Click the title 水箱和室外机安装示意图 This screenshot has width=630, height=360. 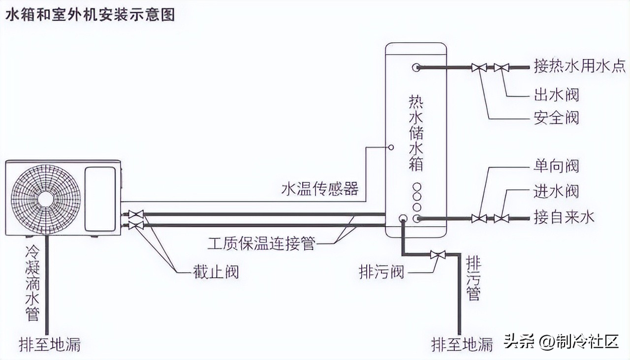tap(90, 14)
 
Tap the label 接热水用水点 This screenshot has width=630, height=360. tap(580, 66)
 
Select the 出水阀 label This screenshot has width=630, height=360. tap(556, 94)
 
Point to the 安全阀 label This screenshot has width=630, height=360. tap(556, 118)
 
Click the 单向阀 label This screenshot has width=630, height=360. tap(556, 166)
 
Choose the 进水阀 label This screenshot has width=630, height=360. tap(556, 191)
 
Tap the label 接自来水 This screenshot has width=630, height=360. tap(564, 217)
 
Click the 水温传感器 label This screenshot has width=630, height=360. tap(320, 189)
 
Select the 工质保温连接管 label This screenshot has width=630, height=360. tap(261, 243)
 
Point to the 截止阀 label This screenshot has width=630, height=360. tap(216, 270)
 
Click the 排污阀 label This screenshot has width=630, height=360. tap(382, 271)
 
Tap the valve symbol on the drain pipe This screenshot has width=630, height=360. tap(438, 255)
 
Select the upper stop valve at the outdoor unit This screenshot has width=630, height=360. tap(136, 214)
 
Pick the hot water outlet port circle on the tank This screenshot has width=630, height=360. tap(416, 67)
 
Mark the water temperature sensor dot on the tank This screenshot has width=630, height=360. tap(391, 147)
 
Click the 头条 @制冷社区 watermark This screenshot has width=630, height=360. tap(561, 341)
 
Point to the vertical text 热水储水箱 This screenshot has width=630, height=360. tap(416, 133)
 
